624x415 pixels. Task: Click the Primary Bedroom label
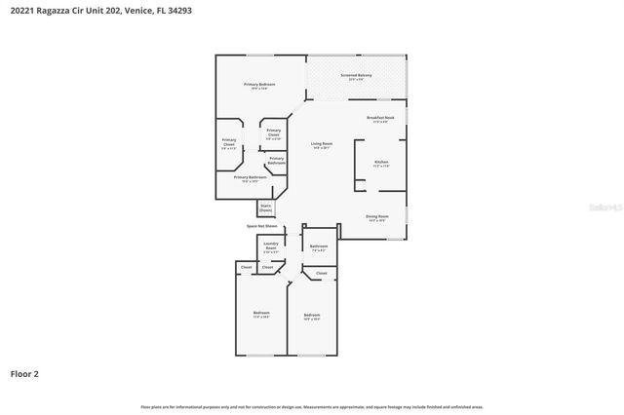[258, 86]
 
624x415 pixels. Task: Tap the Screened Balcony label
[355, 77]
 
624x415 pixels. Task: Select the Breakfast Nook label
[380, 119]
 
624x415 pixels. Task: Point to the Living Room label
[322, 146]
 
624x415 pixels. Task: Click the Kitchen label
[381, 163]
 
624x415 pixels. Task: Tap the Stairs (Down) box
[265, 207]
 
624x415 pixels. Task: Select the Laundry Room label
[270, 249]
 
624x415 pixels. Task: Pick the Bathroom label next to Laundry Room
[319, 247]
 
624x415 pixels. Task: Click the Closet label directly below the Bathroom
[321, 274]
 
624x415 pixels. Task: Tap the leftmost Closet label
[247, 267]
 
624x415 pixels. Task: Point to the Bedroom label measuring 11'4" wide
[261, 315]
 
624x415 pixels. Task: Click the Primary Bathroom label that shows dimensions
[251, 178]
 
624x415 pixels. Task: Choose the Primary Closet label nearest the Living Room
[274, 133]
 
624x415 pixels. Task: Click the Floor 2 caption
[24, 373]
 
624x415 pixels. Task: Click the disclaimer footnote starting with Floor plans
[311, 406]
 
